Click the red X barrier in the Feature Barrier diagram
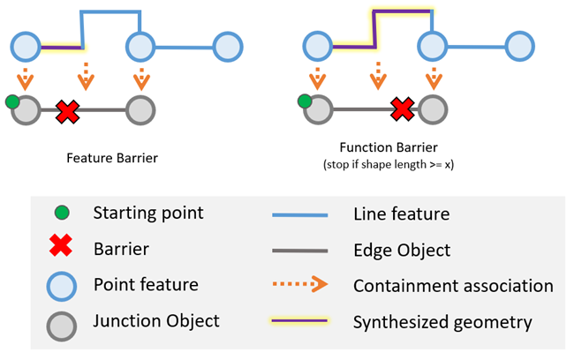pyautogui.click(x=67, y=111)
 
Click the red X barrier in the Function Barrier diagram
pyautogui.click(x=403, y=109)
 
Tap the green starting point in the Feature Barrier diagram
pyautogui.click(x=12, y=102)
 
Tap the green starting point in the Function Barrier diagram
pyautogui.click(x=305, y=102)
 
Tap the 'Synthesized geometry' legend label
pyautogui.click(x=442, y=322)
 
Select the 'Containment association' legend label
pyautogui.click(x=453, y=286)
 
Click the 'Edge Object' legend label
pyautogui.click(x=402, y=250)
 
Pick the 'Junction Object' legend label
pyautogui.click(x=156, y=321)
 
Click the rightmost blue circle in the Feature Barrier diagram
pyautogui.click(x=227, y=45)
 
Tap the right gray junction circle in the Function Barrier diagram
pyautogui.click(x=432, y=110)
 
